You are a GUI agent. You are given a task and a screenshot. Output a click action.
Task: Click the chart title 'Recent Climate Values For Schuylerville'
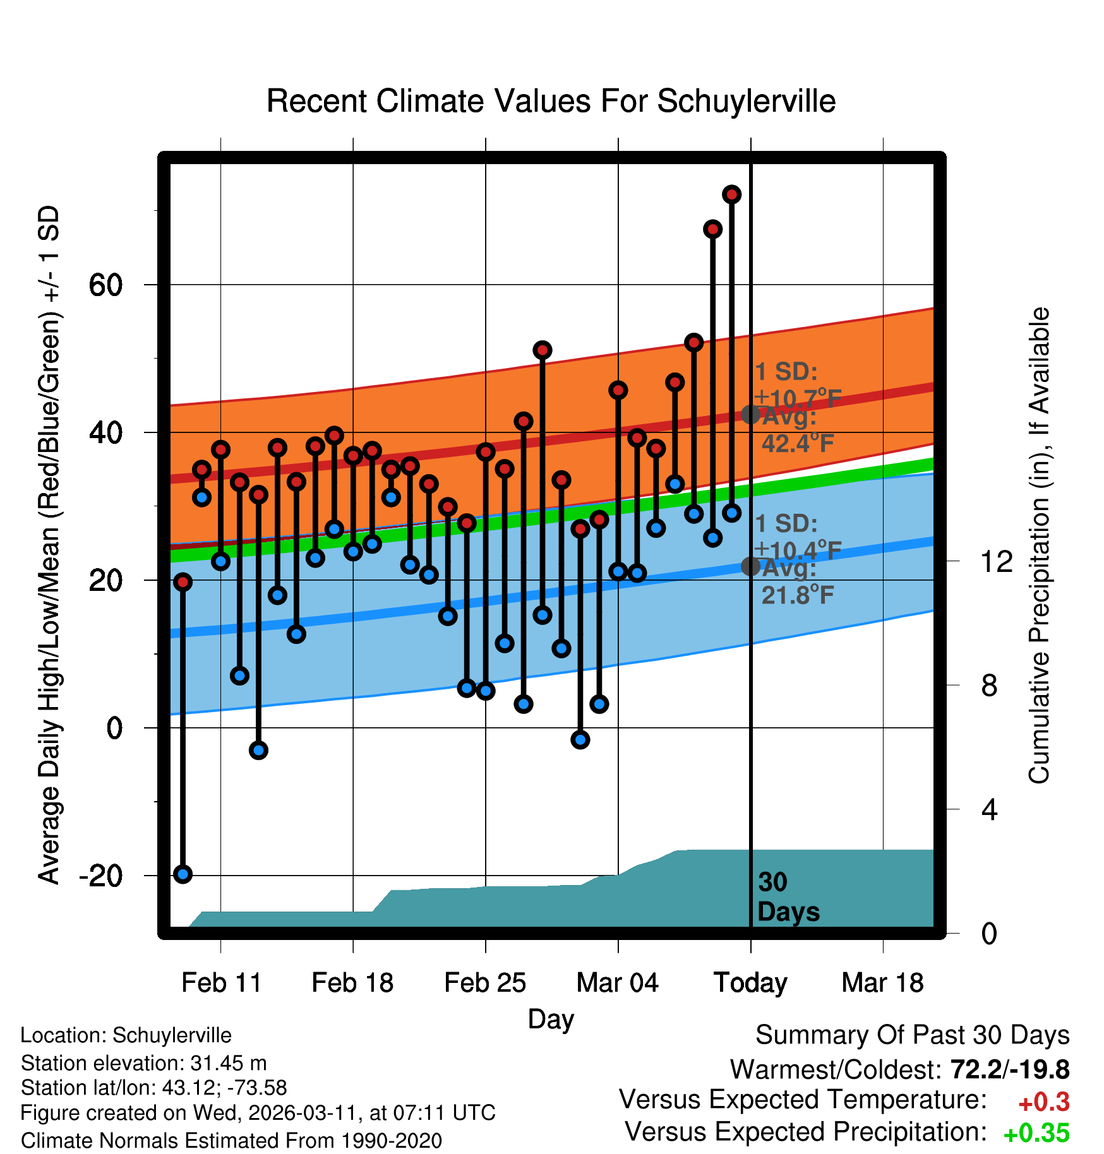tap(551, 101)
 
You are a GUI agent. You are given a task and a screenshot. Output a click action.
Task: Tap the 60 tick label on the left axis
tap(105, 285)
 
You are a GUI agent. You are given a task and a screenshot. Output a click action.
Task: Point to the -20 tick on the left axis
tap(101, 876)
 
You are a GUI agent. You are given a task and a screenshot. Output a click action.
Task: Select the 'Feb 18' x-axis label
tap(352, 983)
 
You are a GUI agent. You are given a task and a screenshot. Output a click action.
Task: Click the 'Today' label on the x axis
tap(750, 983)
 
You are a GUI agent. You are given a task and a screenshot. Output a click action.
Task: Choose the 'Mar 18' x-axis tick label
tap(882, 983)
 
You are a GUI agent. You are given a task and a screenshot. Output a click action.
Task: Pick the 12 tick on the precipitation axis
tap(996, 562)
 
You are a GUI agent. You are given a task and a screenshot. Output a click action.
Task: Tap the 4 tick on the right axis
tap(989, 809)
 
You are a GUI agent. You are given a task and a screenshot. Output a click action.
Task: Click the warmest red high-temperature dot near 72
tap(731, 194)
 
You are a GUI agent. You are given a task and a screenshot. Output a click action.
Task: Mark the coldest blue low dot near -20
tap(183, 874)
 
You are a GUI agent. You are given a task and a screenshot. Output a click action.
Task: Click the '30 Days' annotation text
tap(788, 897)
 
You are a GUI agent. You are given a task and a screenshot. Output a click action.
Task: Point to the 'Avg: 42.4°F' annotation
tap(797, 431)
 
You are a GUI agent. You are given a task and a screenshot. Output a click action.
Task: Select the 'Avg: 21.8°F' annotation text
tap(797, 582)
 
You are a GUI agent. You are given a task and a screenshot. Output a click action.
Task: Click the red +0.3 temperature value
tap(1043, 1102)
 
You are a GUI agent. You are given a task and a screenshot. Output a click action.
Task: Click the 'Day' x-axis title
tap(551, 1019)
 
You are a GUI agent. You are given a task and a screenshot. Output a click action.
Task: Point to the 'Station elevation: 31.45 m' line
tap(143, 1063)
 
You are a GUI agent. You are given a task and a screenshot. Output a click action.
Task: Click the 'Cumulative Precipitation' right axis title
tap(1039, 546)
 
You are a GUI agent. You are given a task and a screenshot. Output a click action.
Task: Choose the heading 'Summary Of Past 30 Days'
tap(912, 1035)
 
